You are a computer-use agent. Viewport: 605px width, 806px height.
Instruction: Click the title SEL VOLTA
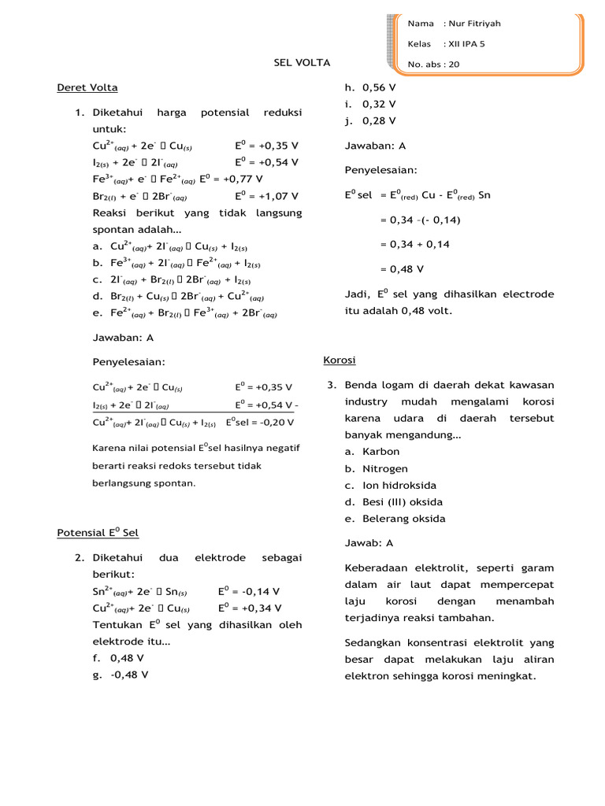point(302,62)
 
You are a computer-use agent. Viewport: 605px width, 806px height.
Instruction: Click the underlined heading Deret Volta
point(87,87)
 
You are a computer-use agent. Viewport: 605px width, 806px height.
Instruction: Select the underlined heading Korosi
point(340,360)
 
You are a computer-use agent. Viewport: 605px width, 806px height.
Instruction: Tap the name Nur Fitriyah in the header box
point(476,24)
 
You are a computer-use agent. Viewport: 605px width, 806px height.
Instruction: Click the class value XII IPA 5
point(465,44)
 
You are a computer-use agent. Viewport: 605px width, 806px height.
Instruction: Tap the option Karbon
point(380,451)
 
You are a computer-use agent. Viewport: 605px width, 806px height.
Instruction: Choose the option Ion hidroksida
point(399,485)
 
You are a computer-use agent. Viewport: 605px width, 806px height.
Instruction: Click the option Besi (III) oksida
point(403,501)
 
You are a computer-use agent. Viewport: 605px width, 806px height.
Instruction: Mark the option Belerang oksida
point(404,519)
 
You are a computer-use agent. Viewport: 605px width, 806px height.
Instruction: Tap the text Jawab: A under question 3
point(369,543)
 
